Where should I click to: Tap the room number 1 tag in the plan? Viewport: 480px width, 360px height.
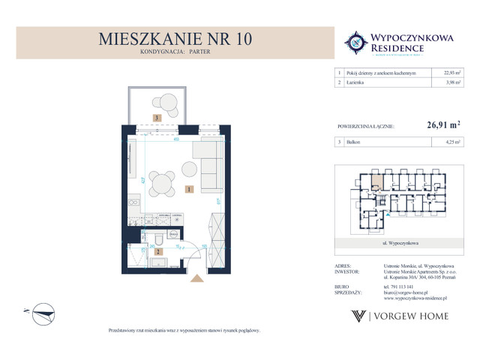coord(191,189)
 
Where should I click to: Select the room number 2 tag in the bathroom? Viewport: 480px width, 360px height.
coord(158,252)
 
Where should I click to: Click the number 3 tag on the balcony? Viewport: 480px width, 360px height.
coord(157,118)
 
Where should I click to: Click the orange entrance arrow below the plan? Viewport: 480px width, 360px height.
coord(198,278)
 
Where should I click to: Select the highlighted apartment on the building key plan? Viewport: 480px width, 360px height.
coord(376,180)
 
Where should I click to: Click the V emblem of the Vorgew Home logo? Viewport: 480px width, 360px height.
coord(358,316)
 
